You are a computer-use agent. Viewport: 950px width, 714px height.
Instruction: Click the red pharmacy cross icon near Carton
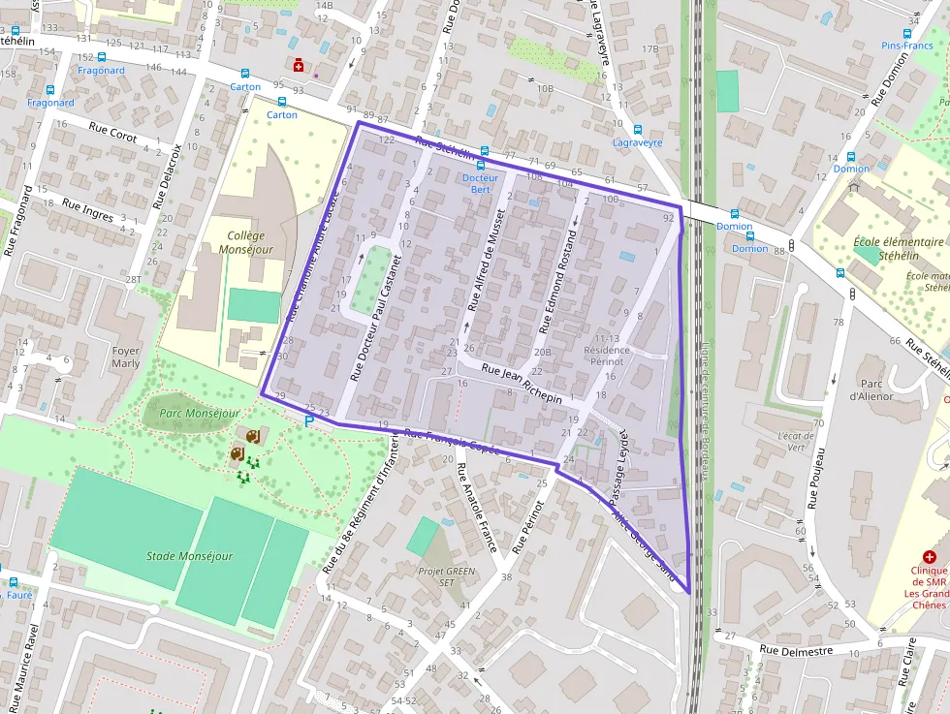click(300, 65)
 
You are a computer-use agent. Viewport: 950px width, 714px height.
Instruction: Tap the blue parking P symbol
click(310, 421)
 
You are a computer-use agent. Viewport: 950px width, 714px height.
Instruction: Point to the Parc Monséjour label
click(199, 414)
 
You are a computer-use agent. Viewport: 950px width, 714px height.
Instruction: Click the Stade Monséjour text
click(190, 556)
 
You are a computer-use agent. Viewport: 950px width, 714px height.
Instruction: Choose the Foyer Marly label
click(126, 357)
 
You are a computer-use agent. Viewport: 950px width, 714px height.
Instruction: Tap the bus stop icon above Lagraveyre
click(638, 129)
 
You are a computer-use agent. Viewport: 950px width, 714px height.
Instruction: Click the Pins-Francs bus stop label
click(906, 46)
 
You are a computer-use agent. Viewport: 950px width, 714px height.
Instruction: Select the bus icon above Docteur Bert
click(481, 166)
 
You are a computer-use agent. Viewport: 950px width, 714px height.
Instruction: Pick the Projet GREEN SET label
click(447, 576)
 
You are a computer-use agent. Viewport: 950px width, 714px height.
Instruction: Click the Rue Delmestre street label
click(796, 651)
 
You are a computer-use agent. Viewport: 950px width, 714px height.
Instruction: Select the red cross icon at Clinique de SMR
click(929, 557)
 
